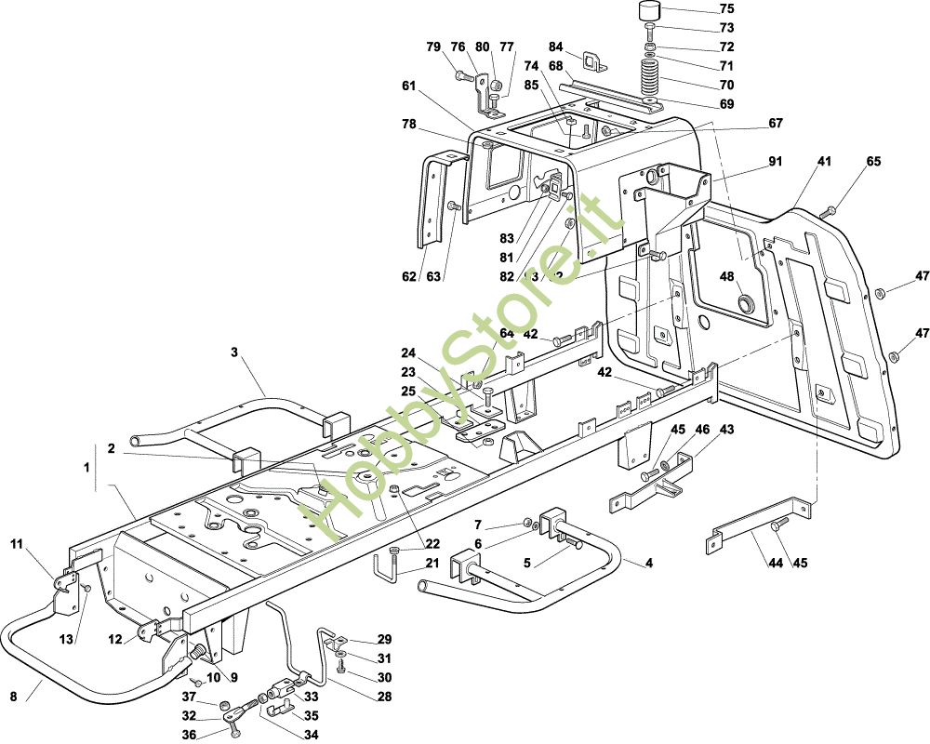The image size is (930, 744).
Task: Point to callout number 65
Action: pos(873,161)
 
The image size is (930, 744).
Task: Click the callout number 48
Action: pos(726,276)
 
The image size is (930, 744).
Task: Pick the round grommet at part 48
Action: pos(745,303)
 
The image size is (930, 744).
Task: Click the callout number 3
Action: pos(234,352)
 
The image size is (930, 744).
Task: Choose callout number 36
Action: pos(189,734)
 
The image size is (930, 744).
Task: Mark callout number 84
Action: pos(556,46)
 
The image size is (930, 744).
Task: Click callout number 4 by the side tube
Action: pos(649,563)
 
